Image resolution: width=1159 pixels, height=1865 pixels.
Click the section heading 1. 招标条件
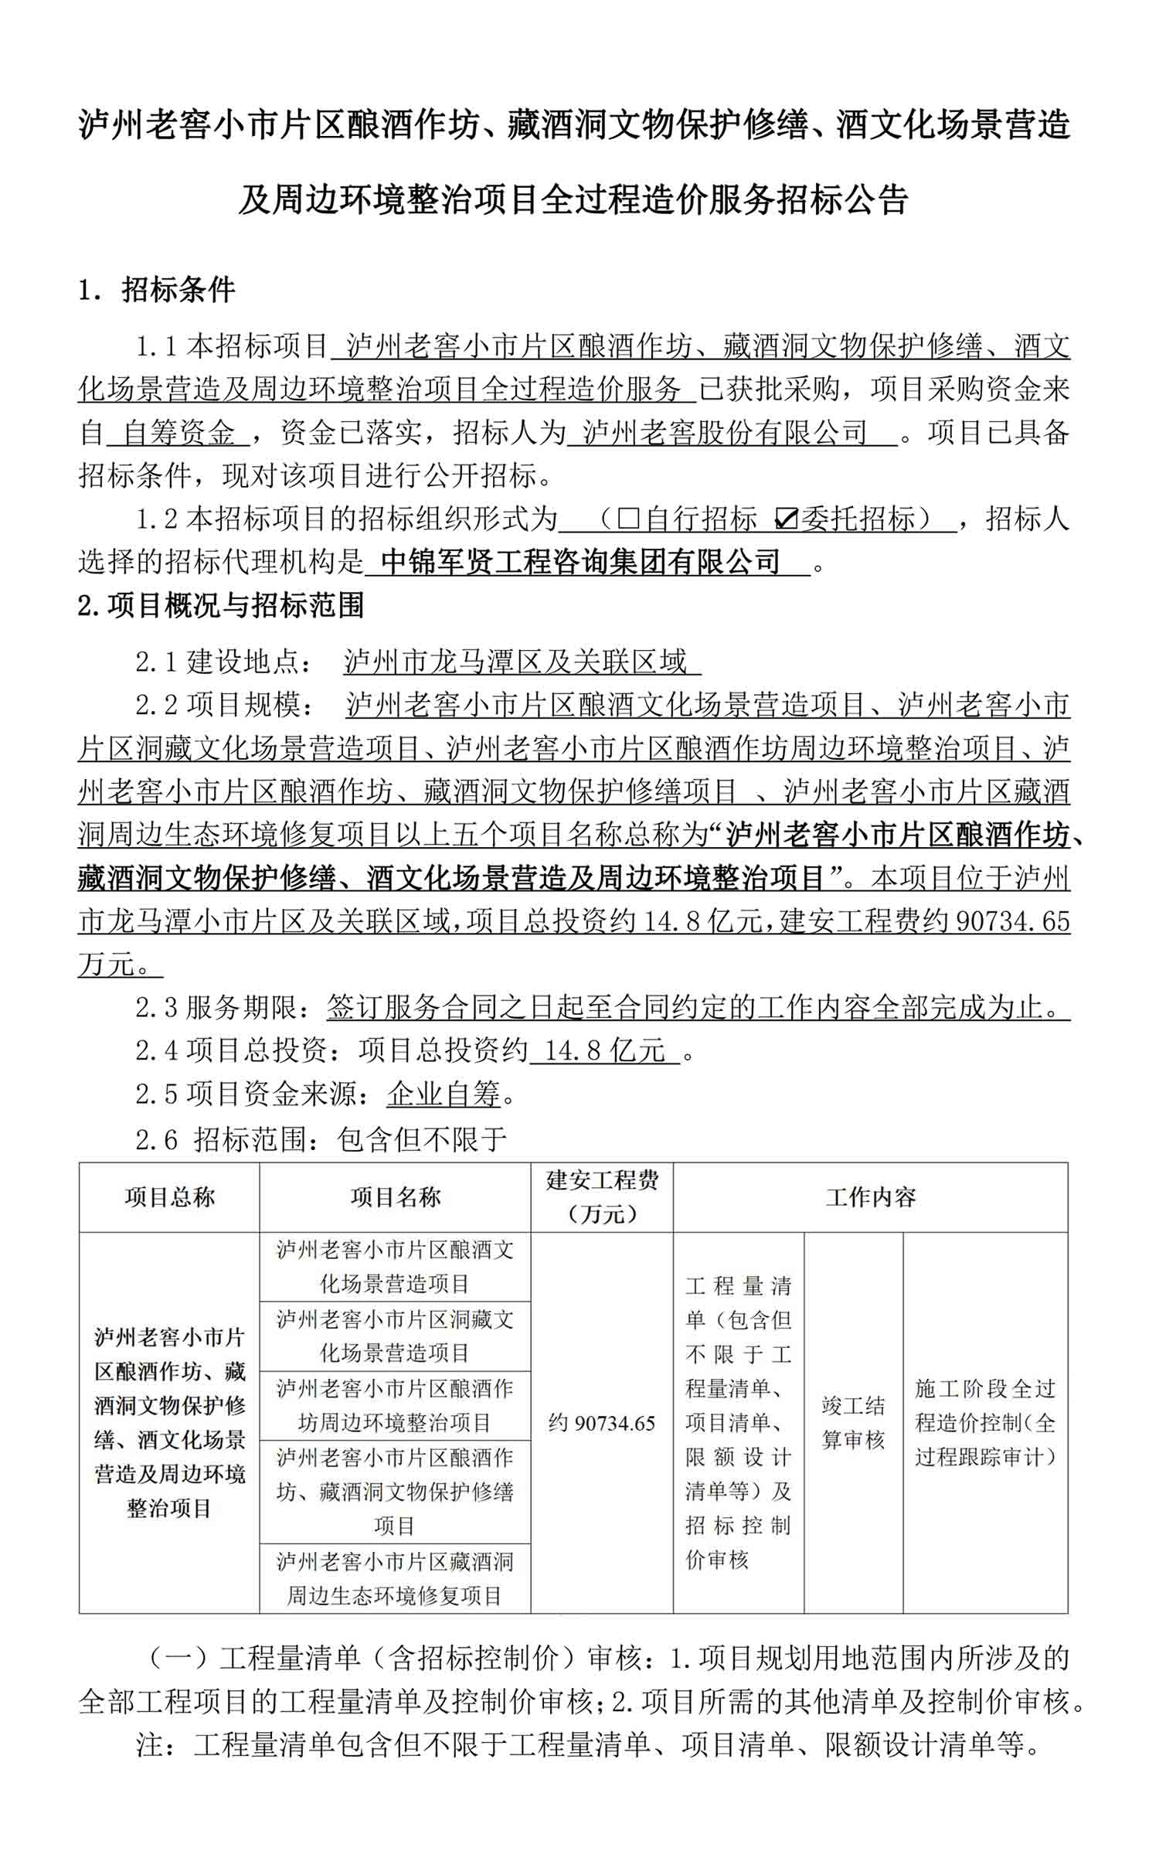pyautogui.click(x=157, y=290)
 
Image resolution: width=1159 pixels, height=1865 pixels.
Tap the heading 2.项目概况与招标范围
pyautogui.click(x=221, y=605)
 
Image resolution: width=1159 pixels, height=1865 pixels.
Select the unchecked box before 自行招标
pyautogui.click(x=627, y=519)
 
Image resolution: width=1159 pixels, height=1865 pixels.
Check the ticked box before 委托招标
pyautogui.click(x=785, y=519)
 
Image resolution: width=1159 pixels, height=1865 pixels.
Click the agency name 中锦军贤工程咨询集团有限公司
pyautogui.click(x=580, y=562)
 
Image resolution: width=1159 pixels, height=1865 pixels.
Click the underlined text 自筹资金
pyautogui.click(x=178, y=433)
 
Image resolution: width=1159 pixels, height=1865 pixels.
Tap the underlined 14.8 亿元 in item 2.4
pyautogui.click(x=605, y=1050)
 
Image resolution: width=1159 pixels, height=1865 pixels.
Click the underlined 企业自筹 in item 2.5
pyautogui.click(x=444, y=1094)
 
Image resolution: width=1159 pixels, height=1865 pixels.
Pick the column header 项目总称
pyautogui.click(x=169, y=1197)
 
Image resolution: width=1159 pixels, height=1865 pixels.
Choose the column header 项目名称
pyautogui.click(x=395, y=1197)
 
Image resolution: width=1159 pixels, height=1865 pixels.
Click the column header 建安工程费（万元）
pyautogui.click(x=602, y=1196)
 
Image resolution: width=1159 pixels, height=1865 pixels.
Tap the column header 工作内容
pyautogui.click(x=870, y=1197)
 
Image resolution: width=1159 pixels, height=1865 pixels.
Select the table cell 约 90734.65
pyautogui.click(x=602, y=1423)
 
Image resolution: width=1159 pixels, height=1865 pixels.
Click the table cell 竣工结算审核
pyautogui.click(x=853, y=1423)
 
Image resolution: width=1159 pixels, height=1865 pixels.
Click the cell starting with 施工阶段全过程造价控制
pyautogui.click(x=985, y=1423)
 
